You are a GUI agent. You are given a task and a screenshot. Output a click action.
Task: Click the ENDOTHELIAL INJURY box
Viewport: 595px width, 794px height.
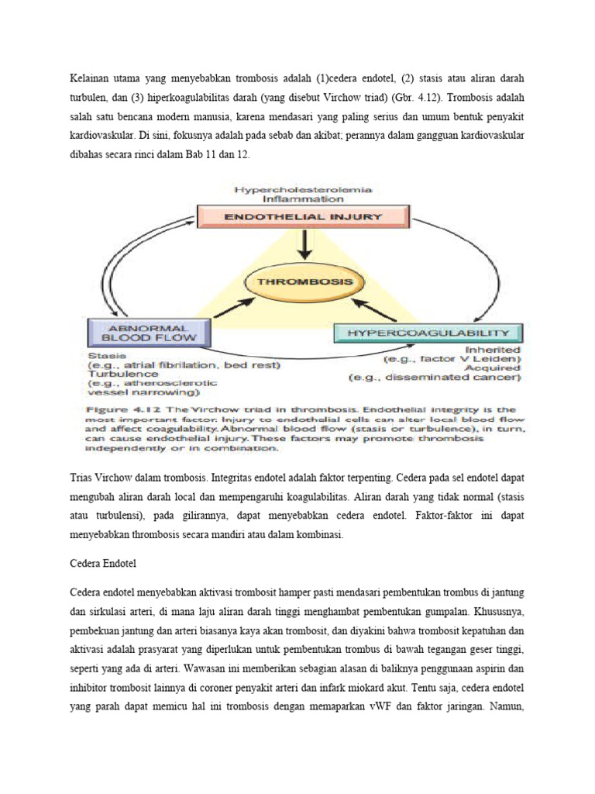pos(304,216)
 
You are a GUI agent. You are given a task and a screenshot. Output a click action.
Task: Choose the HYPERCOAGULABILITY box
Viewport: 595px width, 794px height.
pos(428,333)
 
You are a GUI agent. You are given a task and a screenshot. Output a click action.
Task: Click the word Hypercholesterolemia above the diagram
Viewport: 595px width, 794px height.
pos(303,188)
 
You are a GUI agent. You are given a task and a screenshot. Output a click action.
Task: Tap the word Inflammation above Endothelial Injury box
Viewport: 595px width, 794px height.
pos(303,198)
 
